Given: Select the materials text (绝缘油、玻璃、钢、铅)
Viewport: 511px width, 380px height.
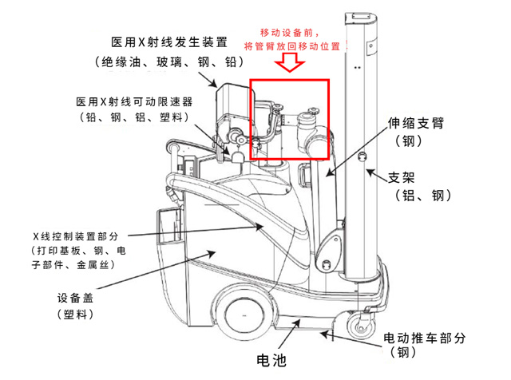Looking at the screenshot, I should click(x=170, y=62).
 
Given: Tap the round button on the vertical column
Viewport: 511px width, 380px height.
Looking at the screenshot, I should click(x=361, y=154).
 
